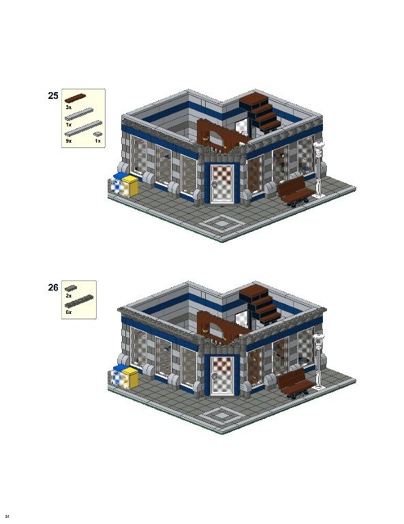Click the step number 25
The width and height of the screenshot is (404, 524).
pos(52,96)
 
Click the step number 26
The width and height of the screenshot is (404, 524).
pos(52,287)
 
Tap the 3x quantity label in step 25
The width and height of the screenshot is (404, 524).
pos(69,108)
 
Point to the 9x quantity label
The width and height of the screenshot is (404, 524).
pos(69,141)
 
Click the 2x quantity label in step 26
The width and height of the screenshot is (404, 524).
pos(69,296)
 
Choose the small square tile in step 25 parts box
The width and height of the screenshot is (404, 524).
pos(97,134)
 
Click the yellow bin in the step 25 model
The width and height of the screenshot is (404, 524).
pos(130,186)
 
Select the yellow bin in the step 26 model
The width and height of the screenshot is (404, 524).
pos(130,377)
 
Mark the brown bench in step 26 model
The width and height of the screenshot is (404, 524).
pos(294,382)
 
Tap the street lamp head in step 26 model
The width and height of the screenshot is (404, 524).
pos(318,337)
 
